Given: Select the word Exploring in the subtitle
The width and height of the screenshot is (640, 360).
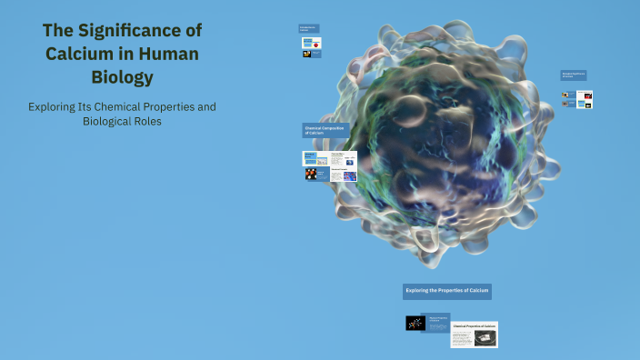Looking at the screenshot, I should point(54,107).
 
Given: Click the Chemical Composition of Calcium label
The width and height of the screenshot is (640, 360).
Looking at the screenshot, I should point(325,130).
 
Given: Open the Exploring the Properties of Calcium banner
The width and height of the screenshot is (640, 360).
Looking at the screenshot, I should point(447,291).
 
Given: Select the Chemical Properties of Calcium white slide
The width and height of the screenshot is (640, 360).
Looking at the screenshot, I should point(475,334).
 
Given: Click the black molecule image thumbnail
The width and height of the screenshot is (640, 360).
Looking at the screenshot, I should point(415,323).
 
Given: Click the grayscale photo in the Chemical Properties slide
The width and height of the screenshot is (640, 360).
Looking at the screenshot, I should point(485,338).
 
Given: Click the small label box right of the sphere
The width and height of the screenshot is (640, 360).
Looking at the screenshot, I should point(573,75).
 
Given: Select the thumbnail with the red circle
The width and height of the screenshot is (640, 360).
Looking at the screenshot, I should point(316,43).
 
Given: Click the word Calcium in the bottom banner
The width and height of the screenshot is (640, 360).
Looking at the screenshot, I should point(477,291).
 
